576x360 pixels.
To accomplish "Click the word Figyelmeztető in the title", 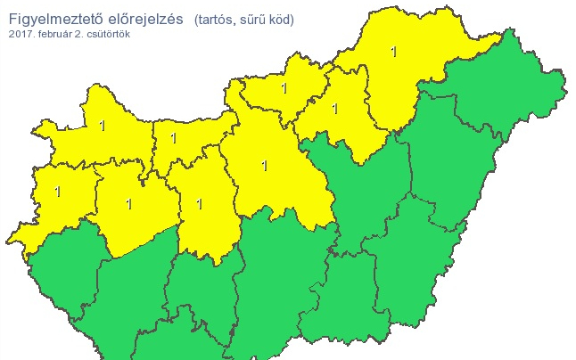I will point(60,19).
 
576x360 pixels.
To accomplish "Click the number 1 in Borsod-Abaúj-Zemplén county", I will point(393,52).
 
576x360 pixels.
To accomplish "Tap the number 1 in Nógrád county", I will point(284,88).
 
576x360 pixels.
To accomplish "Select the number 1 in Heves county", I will point(334,109).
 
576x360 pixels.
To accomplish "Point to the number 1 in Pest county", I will point(265,165).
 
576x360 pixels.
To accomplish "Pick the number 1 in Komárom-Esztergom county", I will point(173,138).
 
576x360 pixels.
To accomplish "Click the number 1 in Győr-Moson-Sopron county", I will point(102,126).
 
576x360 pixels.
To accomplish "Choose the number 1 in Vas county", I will point(58,191).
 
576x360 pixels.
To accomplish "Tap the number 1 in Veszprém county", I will point(128,204).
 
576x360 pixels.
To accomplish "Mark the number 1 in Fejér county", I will point(199,204).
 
